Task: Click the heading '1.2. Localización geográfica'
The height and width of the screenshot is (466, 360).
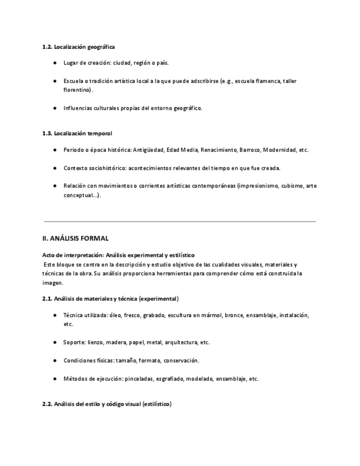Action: (x=79, y=47)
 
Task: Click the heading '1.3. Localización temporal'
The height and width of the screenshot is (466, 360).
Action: (x=77, y=133)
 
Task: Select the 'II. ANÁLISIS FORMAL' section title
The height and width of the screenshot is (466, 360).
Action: (x=75, y=238)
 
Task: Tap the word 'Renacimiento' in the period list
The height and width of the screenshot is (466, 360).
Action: (x=219, y=150)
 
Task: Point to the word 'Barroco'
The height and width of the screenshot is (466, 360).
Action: (x=250, y=150)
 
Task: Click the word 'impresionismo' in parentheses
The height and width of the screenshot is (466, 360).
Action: (x=258, y=186)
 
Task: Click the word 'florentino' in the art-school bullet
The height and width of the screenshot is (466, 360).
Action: (x=76, y=90)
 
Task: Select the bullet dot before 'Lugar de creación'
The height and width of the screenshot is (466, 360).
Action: (x=55, y=63)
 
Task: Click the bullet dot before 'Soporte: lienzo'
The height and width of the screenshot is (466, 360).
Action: (x=55, y=342)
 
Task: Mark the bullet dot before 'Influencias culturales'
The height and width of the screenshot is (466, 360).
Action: (x=55, y=108)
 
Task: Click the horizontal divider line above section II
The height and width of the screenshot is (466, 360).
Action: (x=179, y=221)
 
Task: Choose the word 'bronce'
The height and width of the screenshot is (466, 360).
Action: (x=234, y=315)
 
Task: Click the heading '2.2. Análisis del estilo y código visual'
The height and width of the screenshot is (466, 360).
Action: (x=107, y=404)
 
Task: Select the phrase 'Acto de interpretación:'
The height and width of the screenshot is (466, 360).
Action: (x=73, y=256)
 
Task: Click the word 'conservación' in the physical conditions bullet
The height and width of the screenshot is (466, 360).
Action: (x=181, y=360)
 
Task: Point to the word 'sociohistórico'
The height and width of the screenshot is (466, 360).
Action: (x=109, y=168)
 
